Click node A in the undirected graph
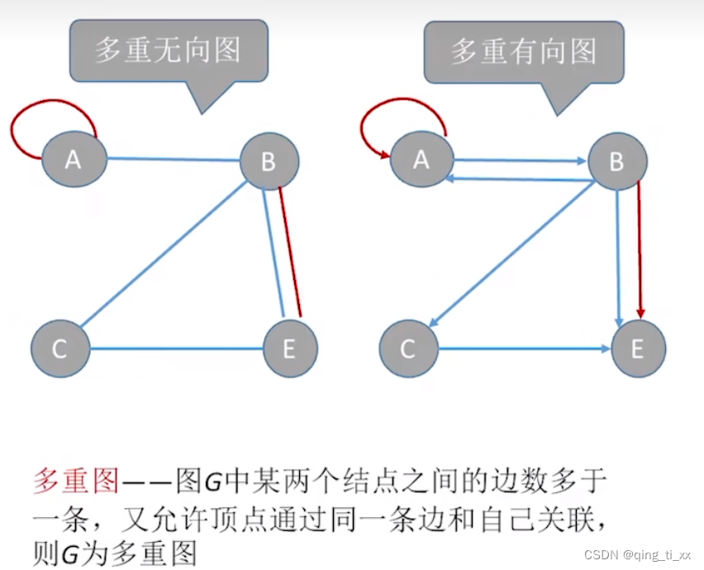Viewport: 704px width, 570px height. (x=74, y=158)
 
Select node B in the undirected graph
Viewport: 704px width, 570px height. (x=269, y=161)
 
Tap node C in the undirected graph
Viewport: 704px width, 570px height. (x=59, y=349)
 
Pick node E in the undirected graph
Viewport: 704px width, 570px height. (x=288, y=349)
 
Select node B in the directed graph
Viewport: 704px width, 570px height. (x=616, y=161)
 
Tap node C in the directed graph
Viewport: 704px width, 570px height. (x=407, y=349)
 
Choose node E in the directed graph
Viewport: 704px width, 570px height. (x=637, y=349)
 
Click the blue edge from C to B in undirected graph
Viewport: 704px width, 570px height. (x=161, y=256)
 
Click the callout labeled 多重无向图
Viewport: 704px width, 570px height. (x=167, y=51)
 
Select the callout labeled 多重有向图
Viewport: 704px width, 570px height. (x=522, y=51)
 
